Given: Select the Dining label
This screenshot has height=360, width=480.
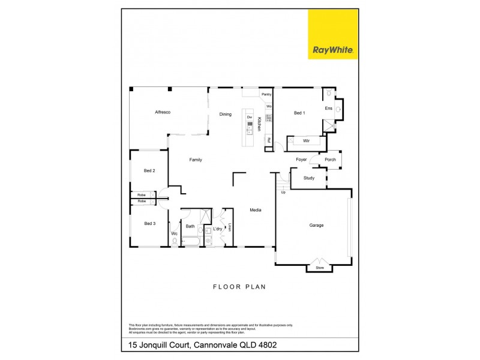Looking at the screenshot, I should pos(225,114).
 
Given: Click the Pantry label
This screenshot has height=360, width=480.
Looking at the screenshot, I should pos(266,94).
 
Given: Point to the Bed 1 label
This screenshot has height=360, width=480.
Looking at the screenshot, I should pos(299,113).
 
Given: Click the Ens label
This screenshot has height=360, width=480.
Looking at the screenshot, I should pos(328,109).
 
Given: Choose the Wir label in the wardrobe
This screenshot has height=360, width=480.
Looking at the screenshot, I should pos(306,140).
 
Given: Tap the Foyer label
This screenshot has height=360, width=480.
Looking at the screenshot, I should pos(301,160).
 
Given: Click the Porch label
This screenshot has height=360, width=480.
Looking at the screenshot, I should pos(330,160).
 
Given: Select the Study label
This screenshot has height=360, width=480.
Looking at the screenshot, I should pos(309,178).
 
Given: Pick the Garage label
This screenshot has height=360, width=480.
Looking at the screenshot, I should pos(316,226).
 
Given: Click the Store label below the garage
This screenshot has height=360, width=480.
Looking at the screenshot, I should pos(319,268).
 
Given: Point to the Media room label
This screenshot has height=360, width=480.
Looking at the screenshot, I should pos(256,209).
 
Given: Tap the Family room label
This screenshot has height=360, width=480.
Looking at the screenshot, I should pos(196,160).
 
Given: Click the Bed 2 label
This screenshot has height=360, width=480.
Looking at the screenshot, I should pos(149,171).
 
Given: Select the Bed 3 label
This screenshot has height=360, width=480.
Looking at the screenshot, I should pos(149,223).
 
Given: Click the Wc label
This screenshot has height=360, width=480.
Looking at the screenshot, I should pos(174,233).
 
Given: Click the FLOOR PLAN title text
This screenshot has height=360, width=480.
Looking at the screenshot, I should pos(239,287).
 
